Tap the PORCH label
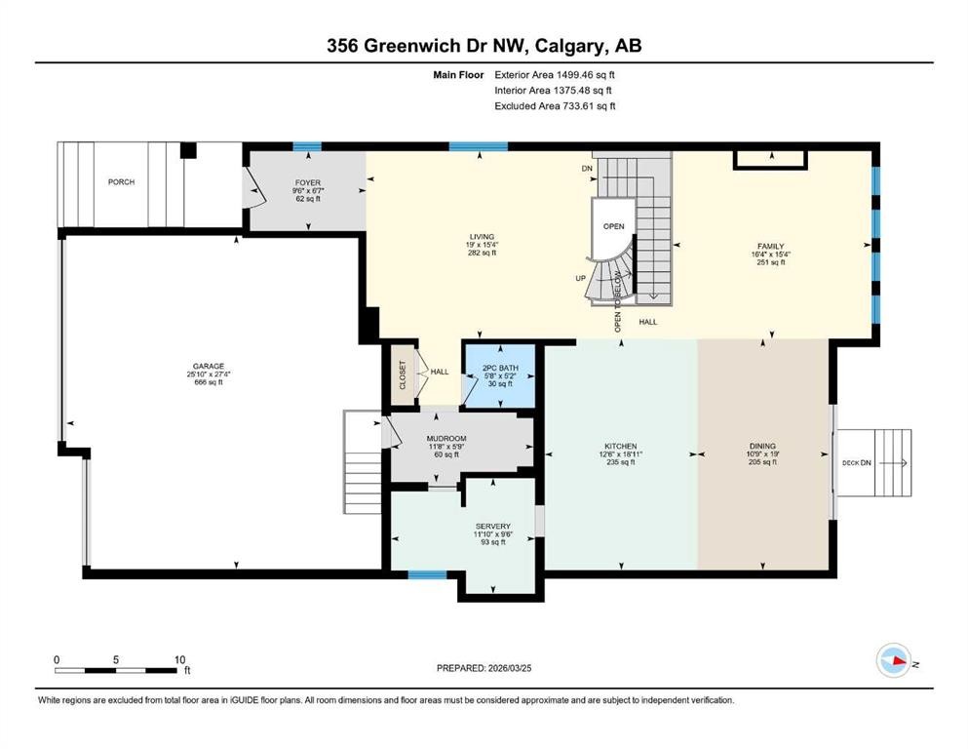(122, 182)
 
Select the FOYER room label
(308, 182)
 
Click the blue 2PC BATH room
(501, 375)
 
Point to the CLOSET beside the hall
(403, 374)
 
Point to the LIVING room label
(482, 236)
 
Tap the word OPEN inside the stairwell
(613, 226)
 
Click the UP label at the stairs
(581, 278)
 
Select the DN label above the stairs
(587, 169)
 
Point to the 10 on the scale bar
(177, 659)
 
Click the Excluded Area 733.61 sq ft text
(555, 106)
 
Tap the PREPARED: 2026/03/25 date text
(490, 668)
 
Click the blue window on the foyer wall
(307, 147)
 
